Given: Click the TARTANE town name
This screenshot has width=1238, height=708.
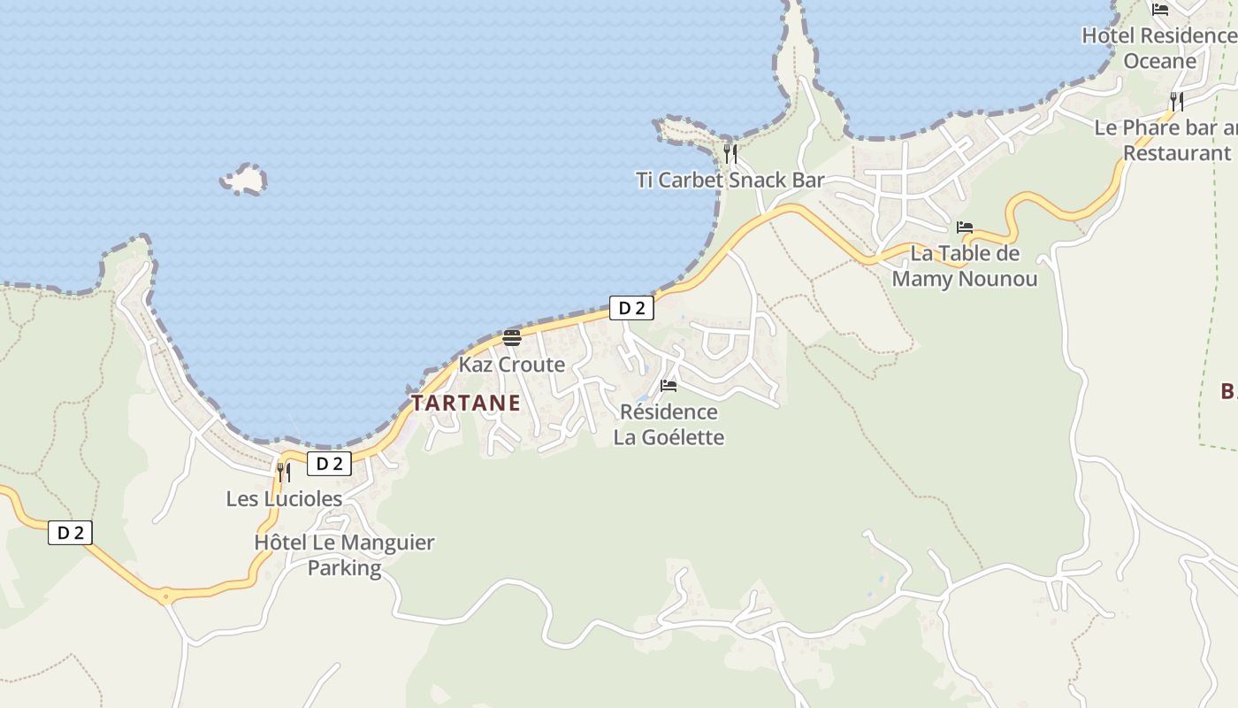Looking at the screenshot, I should tap(466, 404).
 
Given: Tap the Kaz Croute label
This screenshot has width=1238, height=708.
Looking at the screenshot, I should tap(511, 365).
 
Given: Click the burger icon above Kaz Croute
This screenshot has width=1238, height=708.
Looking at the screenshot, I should tap(512, 337).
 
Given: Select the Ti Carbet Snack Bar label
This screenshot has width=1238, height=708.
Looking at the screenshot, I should tap(730, 181).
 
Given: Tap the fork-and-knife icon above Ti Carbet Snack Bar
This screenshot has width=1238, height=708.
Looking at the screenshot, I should tap(730, 154).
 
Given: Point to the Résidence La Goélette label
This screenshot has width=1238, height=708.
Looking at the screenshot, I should tap(669, 425).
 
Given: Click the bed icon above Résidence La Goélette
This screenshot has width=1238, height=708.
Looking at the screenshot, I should tap(669, 386).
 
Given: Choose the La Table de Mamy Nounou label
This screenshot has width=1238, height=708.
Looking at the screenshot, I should tap(965, 266).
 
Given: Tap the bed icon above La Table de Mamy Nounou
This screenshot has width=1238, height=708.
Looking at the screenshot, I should tap(965, 227).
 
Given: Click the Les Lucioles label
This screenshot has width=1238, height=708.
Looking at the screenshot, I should tap(284, 499).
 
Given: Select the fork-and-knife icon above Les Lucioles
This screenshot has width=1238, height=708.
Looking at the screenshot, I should tap(284, 472).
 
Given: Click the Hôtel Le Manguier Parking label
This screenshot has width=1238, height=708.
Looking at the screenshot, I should tap(344, 555).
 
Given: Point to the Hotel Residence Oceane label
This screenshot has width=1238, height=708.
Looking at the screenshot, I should tap(1159, 48).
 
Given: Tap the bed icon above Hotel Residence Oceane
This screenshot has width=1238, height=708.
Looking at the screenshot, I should tap(1160, 10).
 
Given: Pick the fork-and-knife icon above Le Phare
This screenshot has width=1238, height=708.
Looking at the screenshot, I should tap(1177, 101).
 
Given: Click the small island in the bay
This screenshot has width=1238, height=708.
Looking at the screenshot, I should tap(243, 180).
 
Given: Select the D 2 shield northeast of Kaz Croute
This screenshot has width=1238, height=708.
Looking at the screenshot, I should tap(631, 308).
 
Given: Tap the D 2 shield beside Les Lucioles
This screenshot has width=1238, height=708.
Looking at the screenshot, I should tap(329, 464).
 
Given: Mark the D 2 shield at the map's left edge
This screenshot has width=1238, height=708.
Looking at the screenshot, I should tap(70, 533).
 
